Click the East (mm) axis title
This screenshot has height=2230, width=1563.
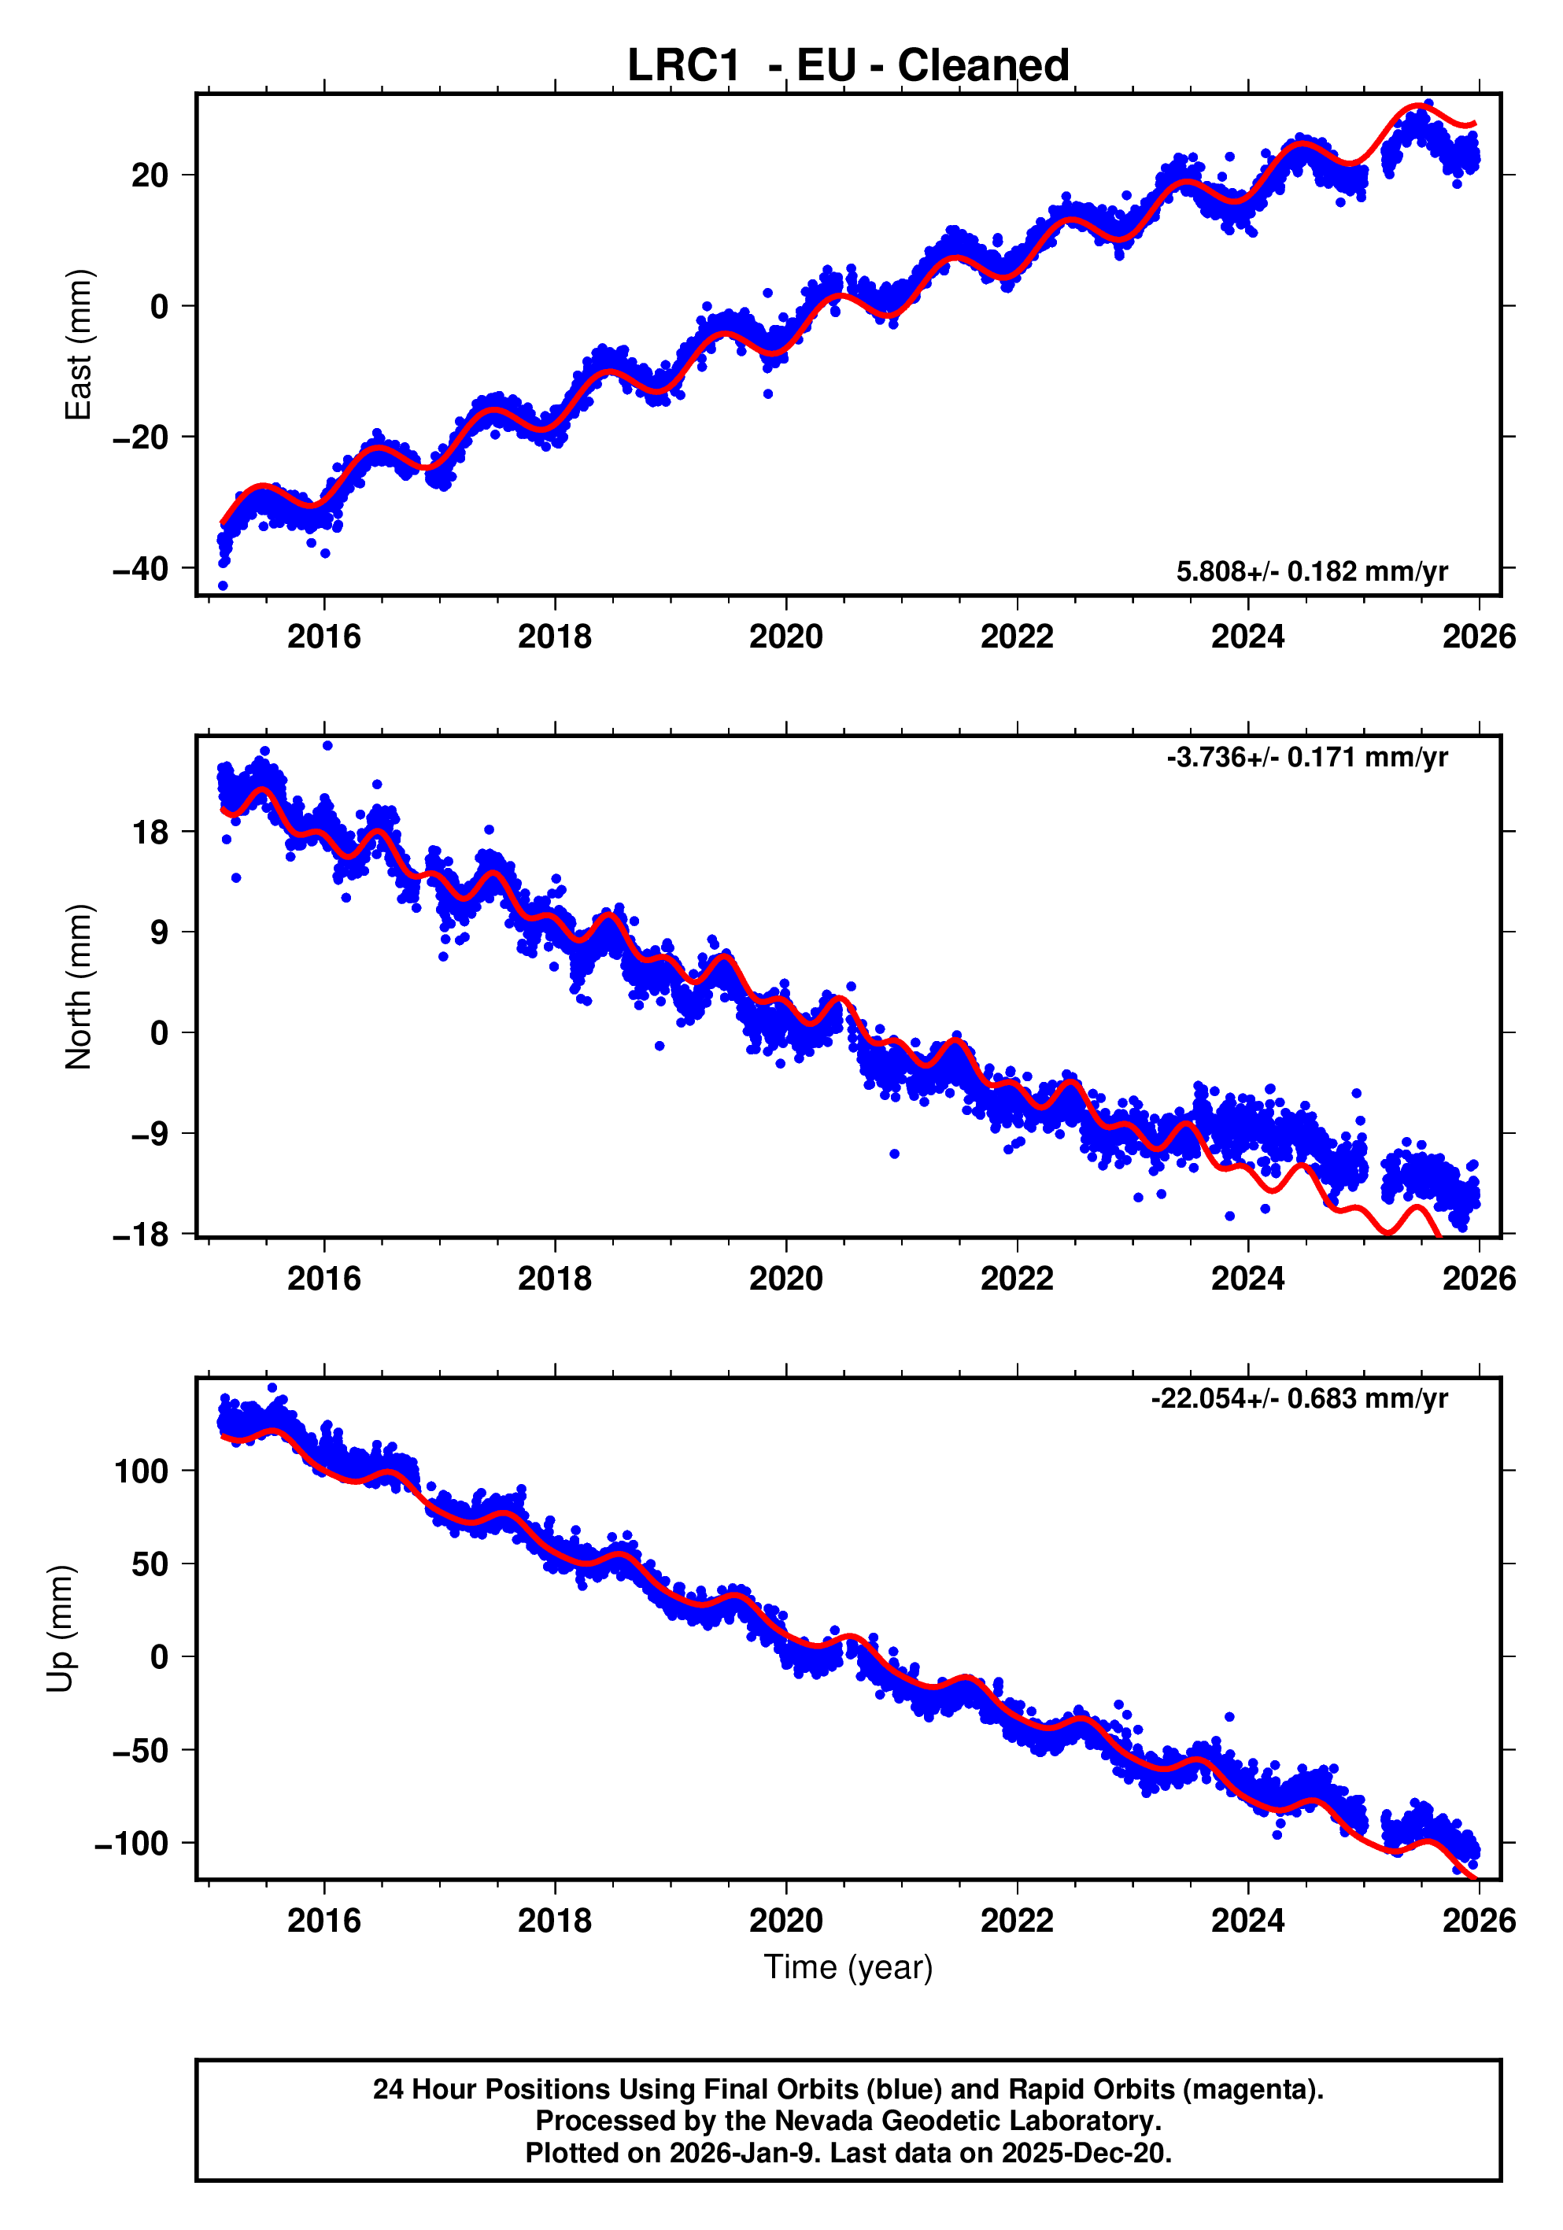click(x=78, y=345)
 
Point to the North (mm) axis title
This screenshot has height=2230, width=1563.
click(x=78, y=987)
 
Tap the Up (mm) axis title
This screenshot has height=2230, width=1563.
click(x=61, y=1629)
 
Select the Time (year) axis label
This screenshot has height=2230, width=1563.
click(x=848, y=1966)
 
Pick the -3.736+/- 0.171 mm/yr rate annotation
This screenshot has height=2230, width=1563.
click(x=1306, y=757)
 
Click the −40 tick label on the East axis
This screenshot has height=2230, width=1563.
click(x=141, y=568)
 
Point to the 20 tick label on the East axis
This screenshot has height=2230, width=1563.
click(x=150, y=175)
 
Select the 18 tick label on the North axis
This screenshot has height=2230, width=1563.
click(x=150, y=833)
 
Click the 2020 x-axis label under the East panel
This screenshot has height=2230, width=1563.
click(x=786, y=637)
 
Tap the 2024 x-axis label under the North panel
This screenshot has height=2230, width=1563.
click(x=1247, y=1279)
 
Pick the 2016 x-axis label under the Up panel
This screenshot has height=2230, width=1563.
click(x=323, y=1921)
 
